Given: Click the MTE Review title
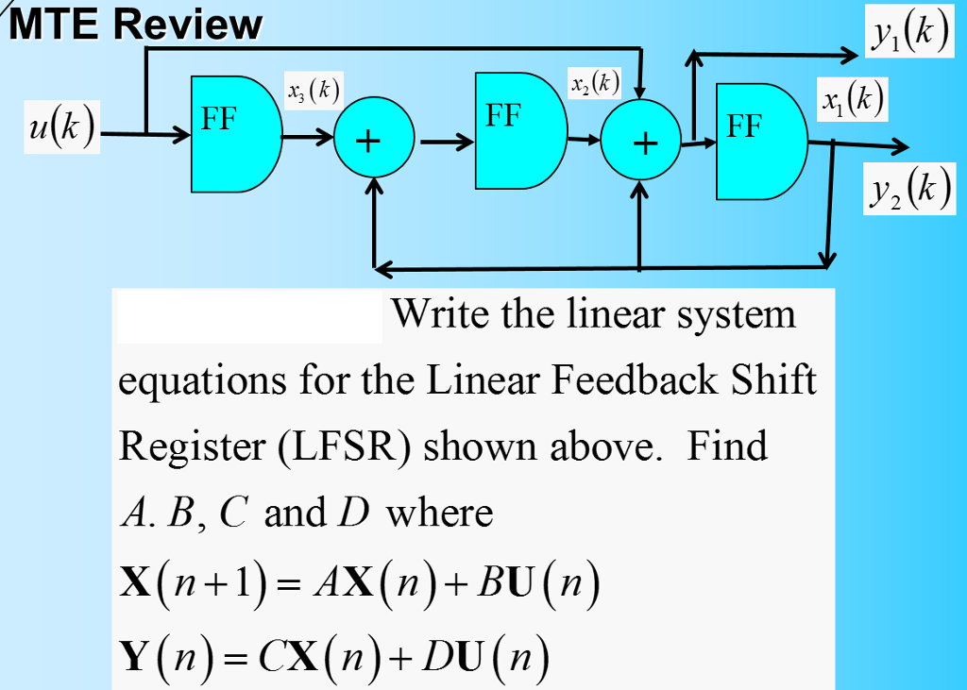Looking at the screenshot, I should pos(136,25).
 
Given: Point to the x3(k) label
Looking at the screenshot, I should pos(313,92).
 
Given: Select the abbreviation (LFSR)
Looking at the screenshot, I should pos(344,446).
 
